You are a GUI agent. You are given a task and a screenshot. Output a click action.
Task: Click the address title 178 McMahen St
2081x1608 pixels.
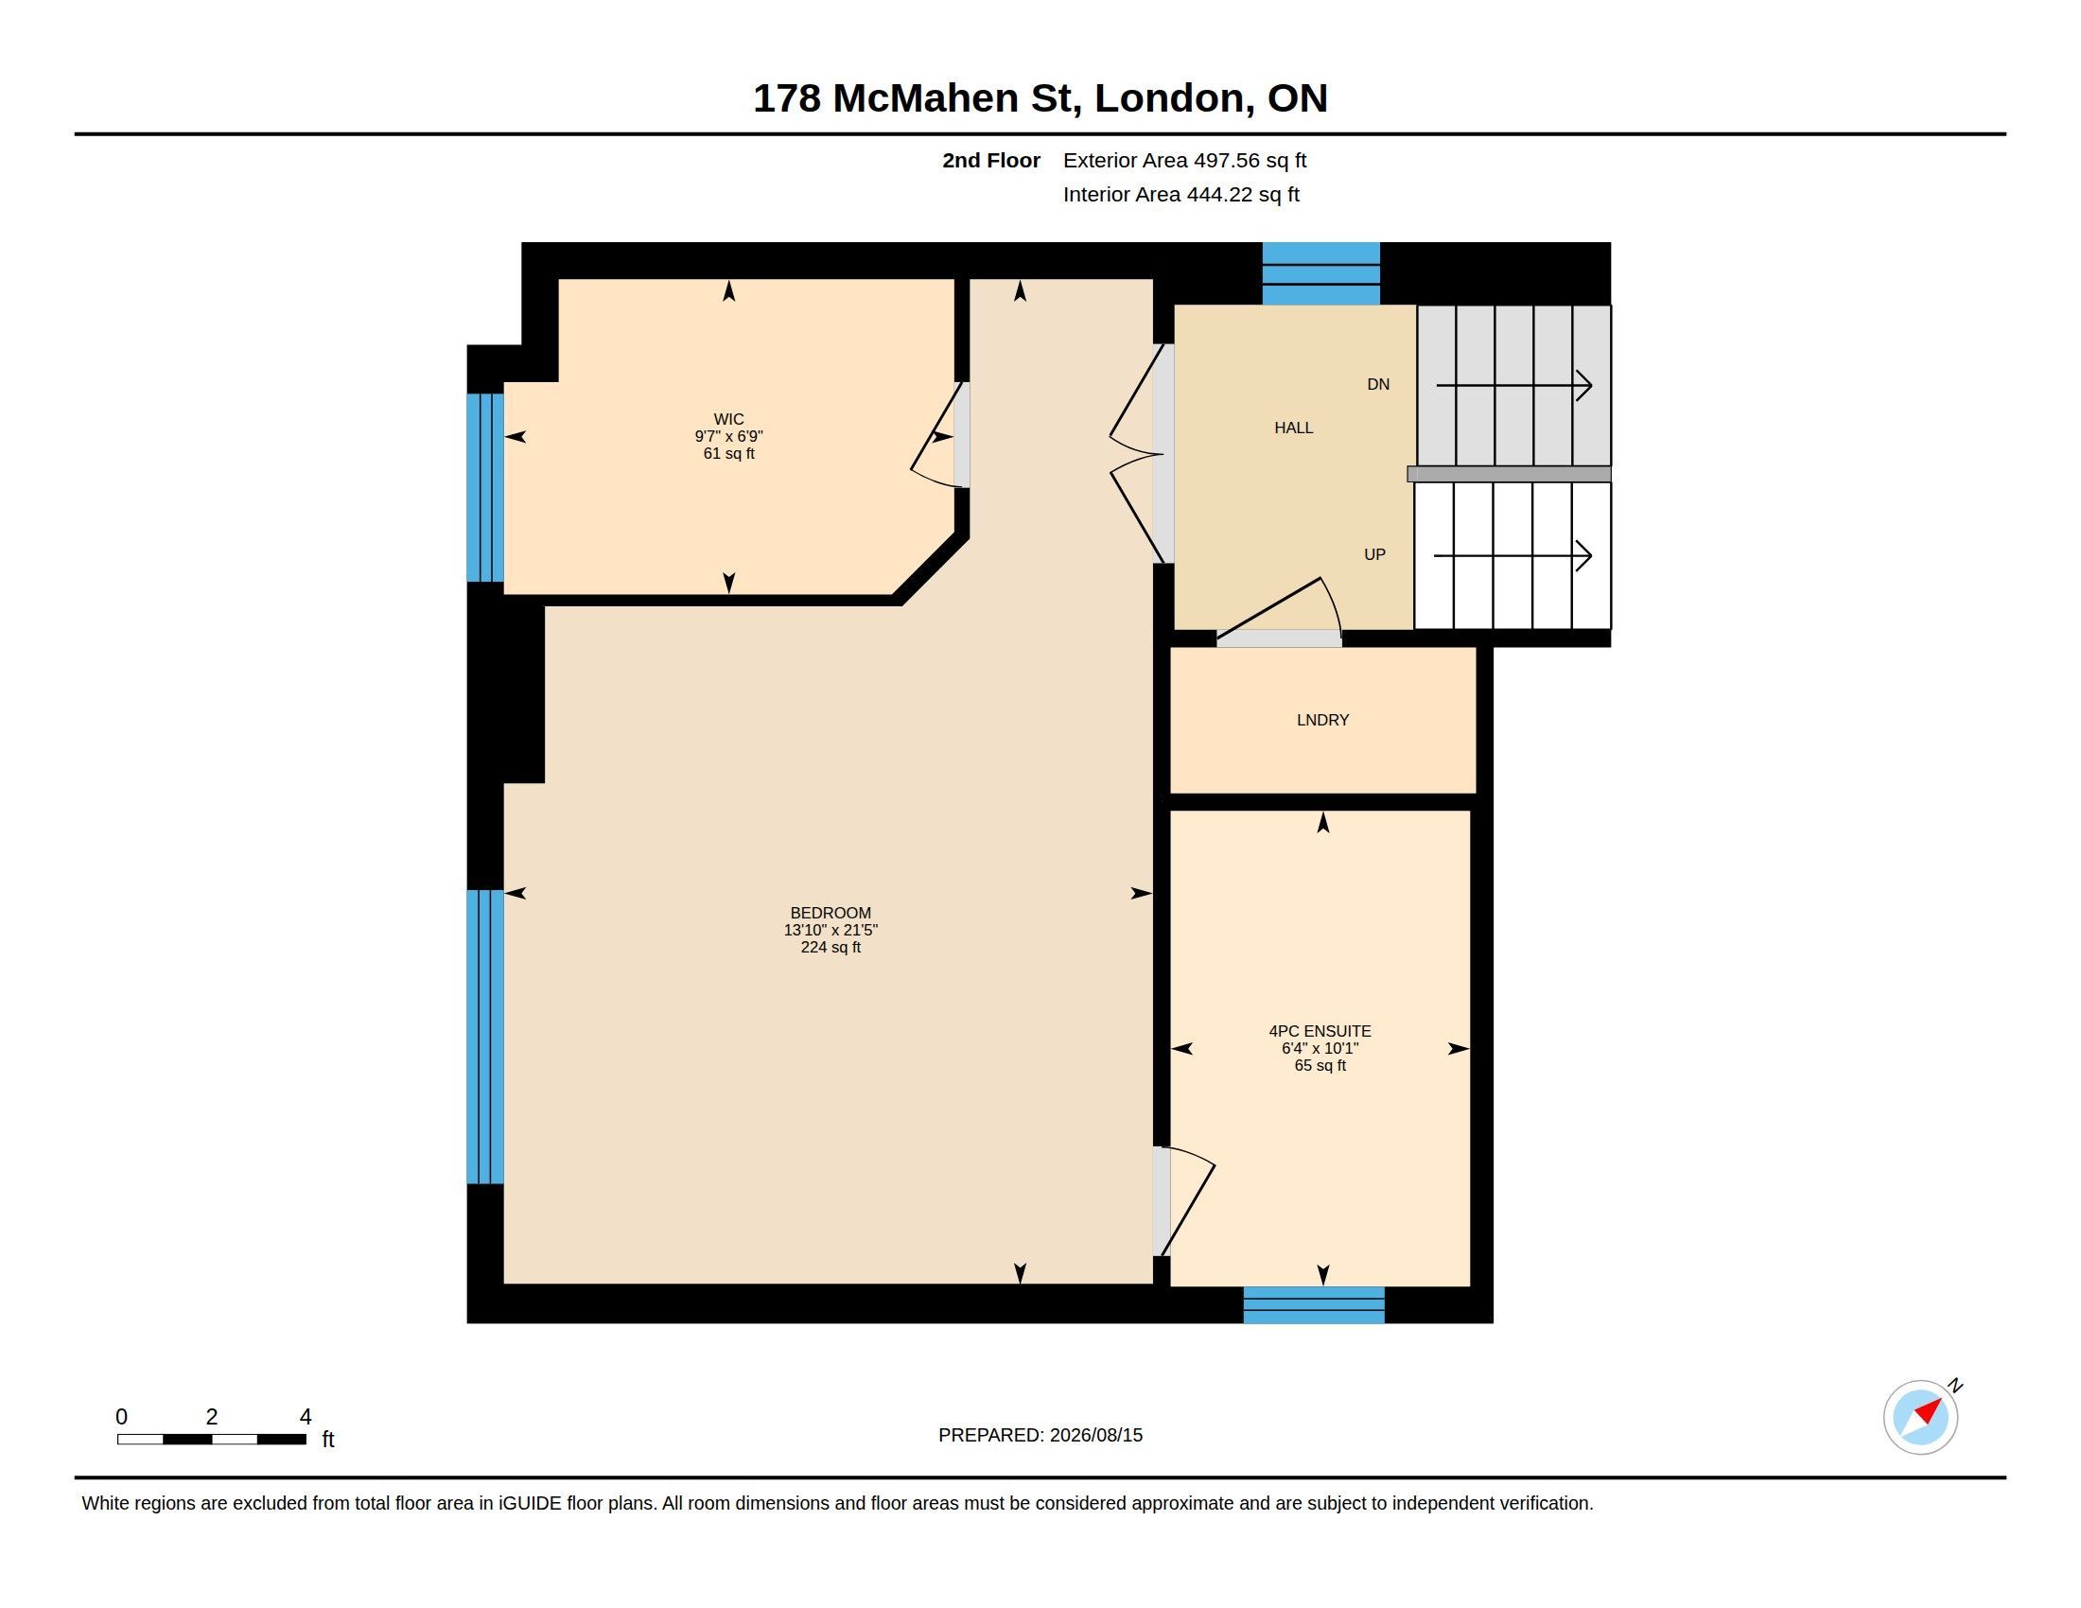click(x=917, y=99)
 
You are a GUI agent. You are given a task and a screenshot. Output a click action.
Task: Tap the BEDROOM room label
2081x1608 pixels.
click(x=830, y=913)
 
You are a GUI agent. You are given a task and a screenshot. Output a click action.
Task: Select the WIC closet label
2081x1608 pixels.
click(x=729, y=419)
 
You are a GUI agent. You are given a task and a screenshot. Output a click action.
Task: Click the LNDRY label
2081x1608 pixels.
click(x=1322, y=720)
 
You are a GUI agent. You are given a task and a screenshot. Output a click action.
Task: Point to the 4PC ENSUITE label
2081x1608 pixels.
click(x=1320, y=1031)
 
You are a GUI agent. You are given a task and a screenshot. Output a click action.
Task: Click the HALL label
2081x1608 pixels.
click(x=1293, y=428)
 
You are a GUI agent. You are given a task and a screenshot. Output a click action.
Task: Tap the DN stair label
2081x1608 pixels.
click(x=1378, y=384)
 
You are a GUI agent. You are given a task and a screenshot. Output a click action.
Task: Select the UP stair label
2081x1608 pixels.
click(x=1374, y=554)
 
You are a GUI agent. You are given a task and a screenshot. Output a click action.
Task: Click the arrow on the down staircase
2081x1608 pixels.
click(x=1514, y=385)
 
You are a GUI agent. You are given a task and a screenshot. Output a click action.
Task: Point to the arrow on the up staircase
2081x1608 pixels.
click(x=1513, y=555)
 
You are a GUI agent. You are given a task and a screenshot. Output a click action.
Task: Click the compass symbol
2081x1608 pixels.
click(x=1921, y=1417)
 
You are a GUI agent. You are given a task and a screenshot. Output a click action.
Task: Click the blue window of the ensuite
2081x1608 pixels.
click(x=1313, y=1304)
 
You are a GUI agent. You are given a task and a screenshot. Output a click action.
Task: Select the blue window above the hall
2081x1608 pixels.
click(x=1320, y=273)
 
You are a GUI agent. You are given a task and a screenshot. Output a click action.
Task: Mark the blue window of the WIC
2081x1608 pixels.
click(x=485, y=487)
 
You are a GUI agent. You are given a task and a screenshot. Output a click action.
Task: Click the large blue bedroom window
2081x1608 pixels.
click(x=485, y=1037)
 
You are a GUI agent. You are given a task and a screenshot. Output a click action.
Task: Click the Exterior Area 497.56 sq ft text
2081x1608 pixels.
click(x=1184, y=160)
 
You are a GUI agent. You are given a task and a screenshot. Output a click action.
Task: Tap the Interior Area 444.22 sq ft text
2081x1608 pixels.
click(x=1180, y=194)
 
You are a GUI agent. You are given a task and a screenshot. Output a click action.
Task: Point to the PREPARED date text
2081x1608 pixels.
click(x=1040, y=1435)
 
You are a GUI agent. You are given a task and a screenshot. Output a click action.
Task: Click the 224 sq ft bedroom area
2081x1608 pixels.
click(x=830, y=947)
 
